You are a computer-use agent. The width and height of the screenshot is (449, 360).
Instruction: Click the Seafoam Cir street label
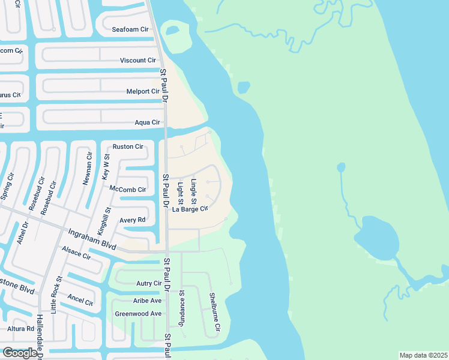tap(130, 29)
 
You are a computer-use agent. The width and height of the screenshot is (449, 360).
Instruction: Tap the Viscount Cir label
tap(137, 61)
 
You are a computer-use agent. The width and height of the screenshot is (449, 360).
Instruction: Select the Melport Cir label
tap(143, 91)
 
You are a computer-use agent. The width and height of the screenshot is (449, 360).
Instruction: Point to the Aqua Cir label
tap(148, 122)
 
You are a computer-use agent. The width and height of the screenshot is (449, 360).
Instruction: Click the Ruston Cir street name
tap(128, 146)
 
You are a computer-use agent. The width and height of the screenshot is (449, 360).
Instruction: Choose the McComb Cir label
tap(128, 190)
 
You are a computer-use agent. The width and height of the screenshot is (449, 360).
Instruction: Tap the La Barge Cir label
tap(190, 209)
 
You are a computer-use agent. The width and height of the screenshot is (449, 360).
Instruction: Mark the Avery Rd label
tap(133, 220)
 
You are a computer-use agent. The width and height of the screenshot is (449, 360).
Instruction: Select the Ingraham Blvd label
tap(91, 239)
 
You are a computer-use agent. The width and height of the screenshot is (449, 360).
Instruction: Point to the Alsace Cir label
tap(76, 252)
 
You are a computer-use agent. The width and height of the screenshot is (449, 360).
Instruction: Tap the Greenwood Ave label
tap(138, 314)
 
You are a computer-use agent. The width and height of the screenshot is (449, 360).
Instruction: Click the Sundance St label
tap(182, 307)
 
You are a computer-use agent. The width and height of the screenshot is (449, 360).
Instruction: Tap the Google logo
tap(20, 353)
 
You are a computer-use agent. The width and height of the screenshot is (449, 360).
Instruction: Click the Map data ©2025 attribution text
tap(423, 355)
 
